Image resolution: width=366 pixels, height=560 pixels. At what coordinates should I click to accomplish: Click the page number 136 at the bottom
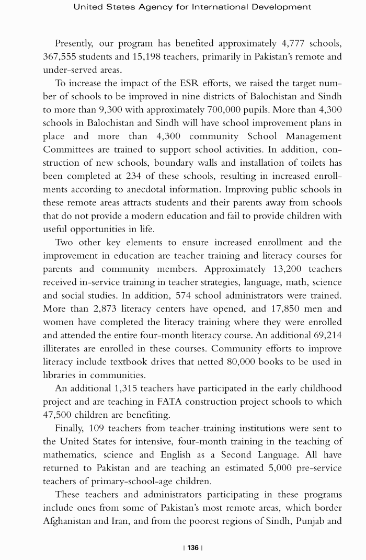[193, 548]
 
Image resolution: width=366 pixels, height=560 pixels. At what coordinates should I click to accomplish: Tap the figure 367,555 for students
[61, 56]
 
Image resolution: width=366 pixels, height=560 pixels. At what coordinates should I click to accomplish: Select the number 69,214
[325, 336]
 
